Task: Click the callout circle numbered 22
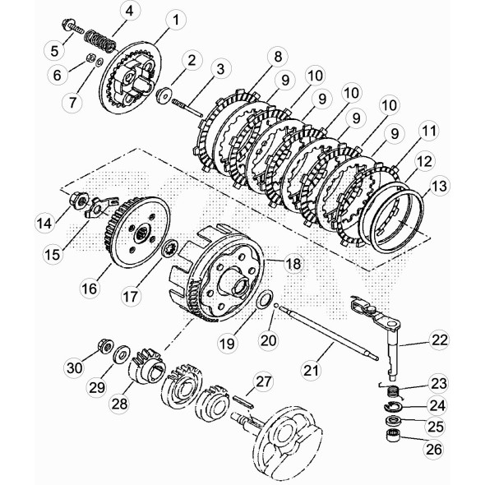[x=441, y=339]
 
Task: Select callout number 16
[x=90, y=289]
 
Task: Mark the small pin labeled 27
[x=246, y=401]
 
